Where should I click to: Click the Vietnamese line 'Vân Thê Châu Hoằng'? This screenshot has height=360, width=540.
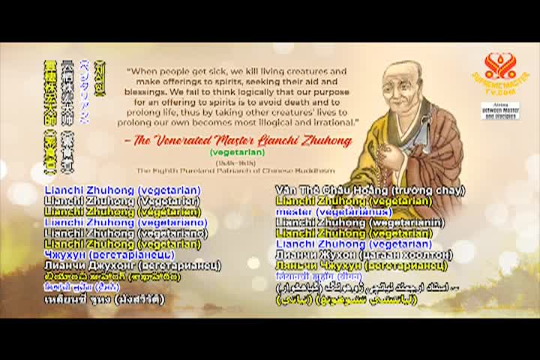click(x=370, y=190)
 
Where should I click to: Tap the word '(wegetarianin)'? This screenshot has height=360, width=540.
click(x=403, y=223)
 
